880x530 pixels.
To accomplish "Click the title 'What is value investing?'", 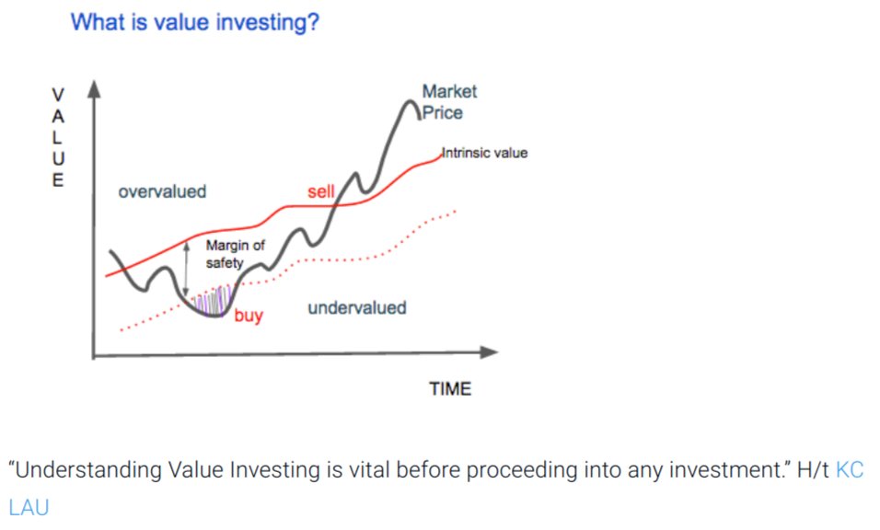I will tap(195, 22).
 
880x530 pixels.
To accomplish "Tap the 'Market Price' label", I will tap(447, 102).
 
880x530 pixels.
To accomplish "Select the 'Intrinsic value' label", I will tap(485, 153).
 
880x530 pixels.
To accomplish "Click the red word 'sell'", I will tap(320, 191).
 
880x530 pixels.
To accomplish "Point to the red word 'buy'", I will tap(248, 316).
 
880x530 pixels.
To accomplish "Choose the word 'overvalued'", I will tap(162, 191).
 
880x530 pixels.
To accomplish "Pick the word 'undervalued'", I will tap(356, 307).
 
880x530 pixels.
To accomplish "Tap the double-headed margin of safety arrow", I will tap(187, 267).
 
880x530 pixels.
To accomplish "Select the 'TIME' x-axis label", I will tap(450, 389).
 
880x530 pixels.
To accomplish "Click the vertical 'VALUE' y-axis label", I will tap(58, 137).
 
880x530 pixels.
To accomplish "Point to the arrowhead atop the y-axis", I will tap(92, 89).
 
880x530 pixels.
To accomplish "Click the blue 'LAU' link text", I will tap(28, 506).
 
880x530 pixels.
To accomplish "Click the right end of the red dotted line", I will tap(455, 212).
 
